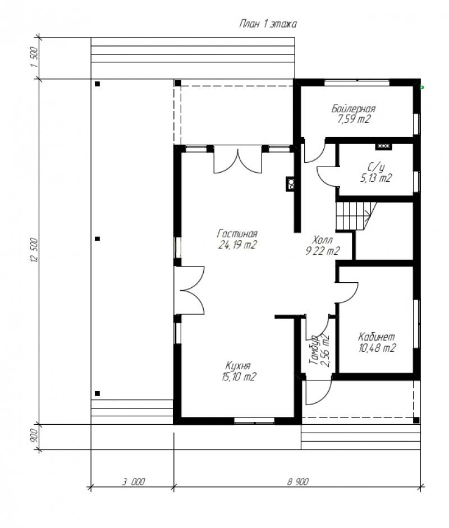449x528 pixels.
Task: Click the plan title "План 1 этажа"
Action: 268,24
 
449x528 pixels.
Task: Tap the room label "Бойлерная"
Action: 354,109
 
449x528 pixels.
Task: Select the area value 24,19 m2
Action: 237,245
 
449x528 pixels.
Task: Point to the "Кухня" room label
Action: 238,366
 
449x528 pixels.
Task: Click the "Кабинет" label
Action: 376,337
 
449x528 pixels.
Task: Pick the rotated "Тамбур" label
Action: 314,350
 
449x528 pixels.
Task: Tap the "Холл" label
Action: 323,240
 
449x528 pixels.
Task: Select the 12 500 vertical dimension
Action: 34,250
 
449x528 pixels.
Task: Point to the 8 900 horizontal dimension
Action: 298,482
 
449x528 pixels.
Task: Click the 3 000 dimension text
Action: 134,482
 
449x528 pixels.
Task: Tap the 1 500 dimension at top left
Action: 34,57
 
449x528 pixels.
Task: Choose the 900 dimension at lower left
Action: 34,437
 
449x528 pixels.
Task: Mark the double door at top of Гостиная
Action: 238,159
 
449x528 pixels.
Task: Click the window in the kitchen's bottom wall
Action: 254,420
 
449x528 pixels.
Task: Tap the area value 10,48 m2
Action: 377,348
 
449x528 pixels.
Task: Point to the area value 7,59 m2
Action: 354,119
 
